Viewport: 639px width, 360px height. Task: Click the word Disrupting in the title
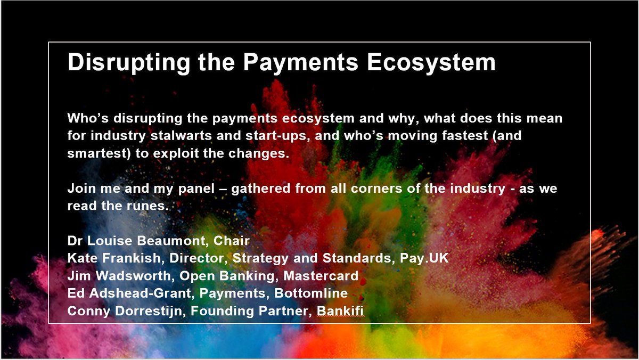(x=129, y=62)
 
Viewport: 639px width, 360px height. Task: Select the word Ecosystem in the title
(x=431, y=62)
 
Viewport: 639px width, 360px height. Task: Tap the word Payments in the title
(x=300, y=62)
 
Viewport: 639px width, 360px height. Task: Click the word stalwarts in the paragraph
(x=181, y=135)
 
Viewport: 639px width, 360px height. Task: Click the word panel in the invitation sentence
(x=196, y=189)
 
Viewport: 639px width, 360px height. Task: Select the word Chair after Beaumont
(x=232, y=241)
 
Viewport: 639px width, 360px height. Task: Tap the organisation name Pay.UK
(x=424, y=258)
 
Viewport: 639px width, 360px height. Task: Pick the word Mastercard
(x=321, y=276)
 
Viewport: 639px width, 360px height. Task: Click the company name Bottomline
(x=311, y=293)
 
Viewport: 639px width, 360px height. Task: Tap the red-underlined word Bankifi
(x=340, y=310)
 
